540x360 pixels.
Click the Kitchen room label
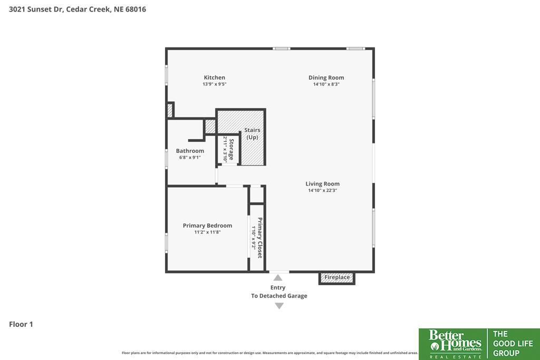(214, 77)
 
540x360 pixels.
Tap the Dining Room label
(326, 78)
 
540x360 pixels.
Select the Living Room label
(322, 184)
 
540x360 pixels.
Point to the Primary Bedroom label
(207, 226)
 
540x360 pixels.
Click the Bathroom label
(190, 151)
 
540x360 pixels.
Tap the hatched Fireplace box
(337, 278)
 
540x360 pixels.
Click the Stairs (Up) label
(252, 133)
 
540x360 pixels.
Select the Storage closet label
(232, 149)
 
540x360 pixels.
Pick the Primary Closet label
(260, 238)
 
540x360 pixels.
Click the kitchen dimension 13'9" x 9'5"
(214, 84)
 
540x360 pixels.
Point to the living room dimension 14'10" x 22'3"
(322, 190)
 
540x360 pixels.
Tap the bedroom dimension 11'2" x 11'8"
(207, 232)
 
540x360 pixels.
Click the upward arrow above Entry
(278, 278)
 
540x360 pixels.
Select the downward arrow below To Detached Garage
(279, 306)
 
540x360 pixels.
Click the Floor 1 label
(21, 324)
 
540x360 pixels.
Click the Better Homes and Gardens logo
(455, 344)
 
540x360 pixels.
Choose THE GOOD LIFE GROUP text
(513, 344)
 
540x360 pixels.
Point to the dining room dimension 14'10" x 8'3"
(326, 84)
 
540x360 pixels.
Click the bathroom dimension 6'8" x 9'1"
(190, 158)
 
